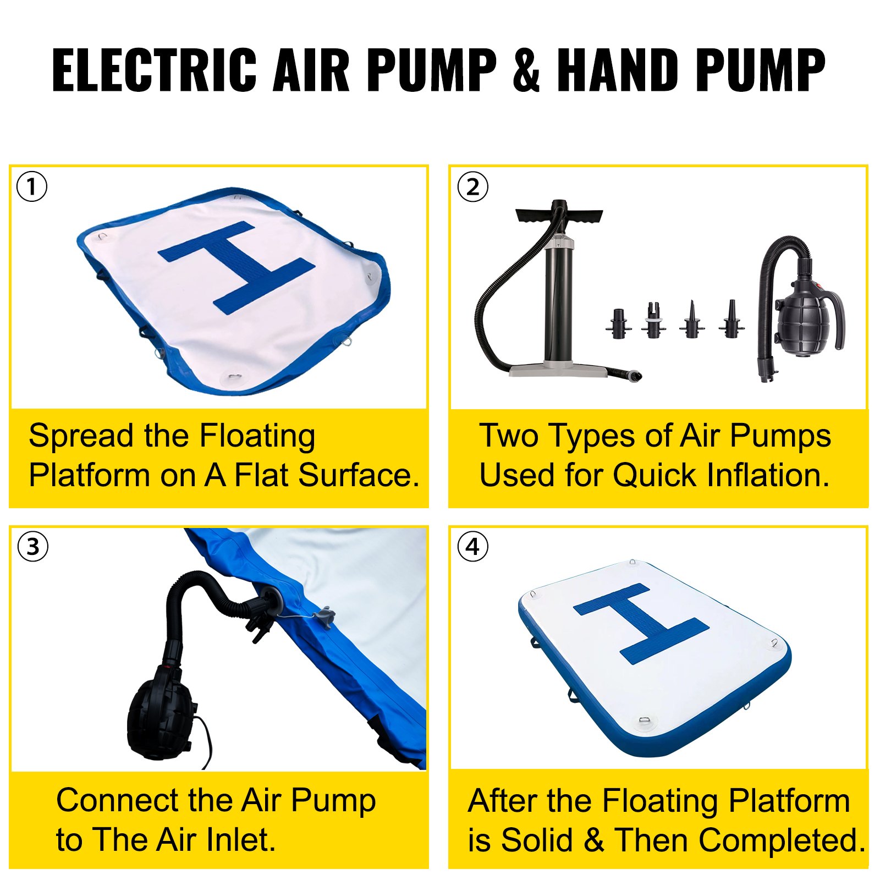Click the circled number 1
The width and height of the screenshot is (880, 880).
[x=32, y=186]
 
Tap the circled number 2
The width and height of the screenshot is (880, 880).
[x=472, y=186]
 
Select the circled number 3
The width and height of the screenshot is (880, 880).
[x=32, y=547]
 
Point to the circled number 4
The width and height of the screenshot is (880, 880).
[x=472, y=547]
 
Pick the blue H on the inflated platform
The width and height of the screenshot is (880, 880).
[x=641, y=624]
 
